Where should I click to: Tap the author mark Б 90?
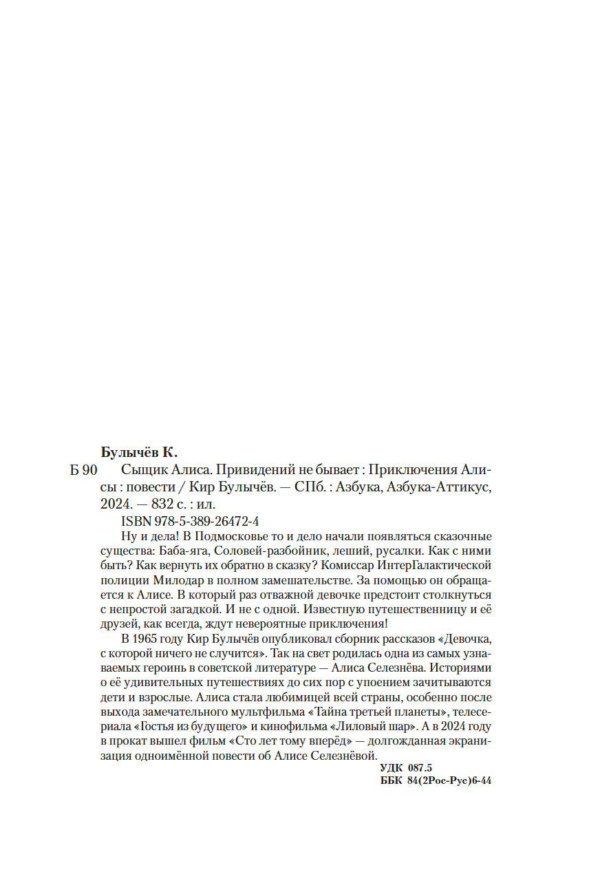(x=85, y=471)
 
